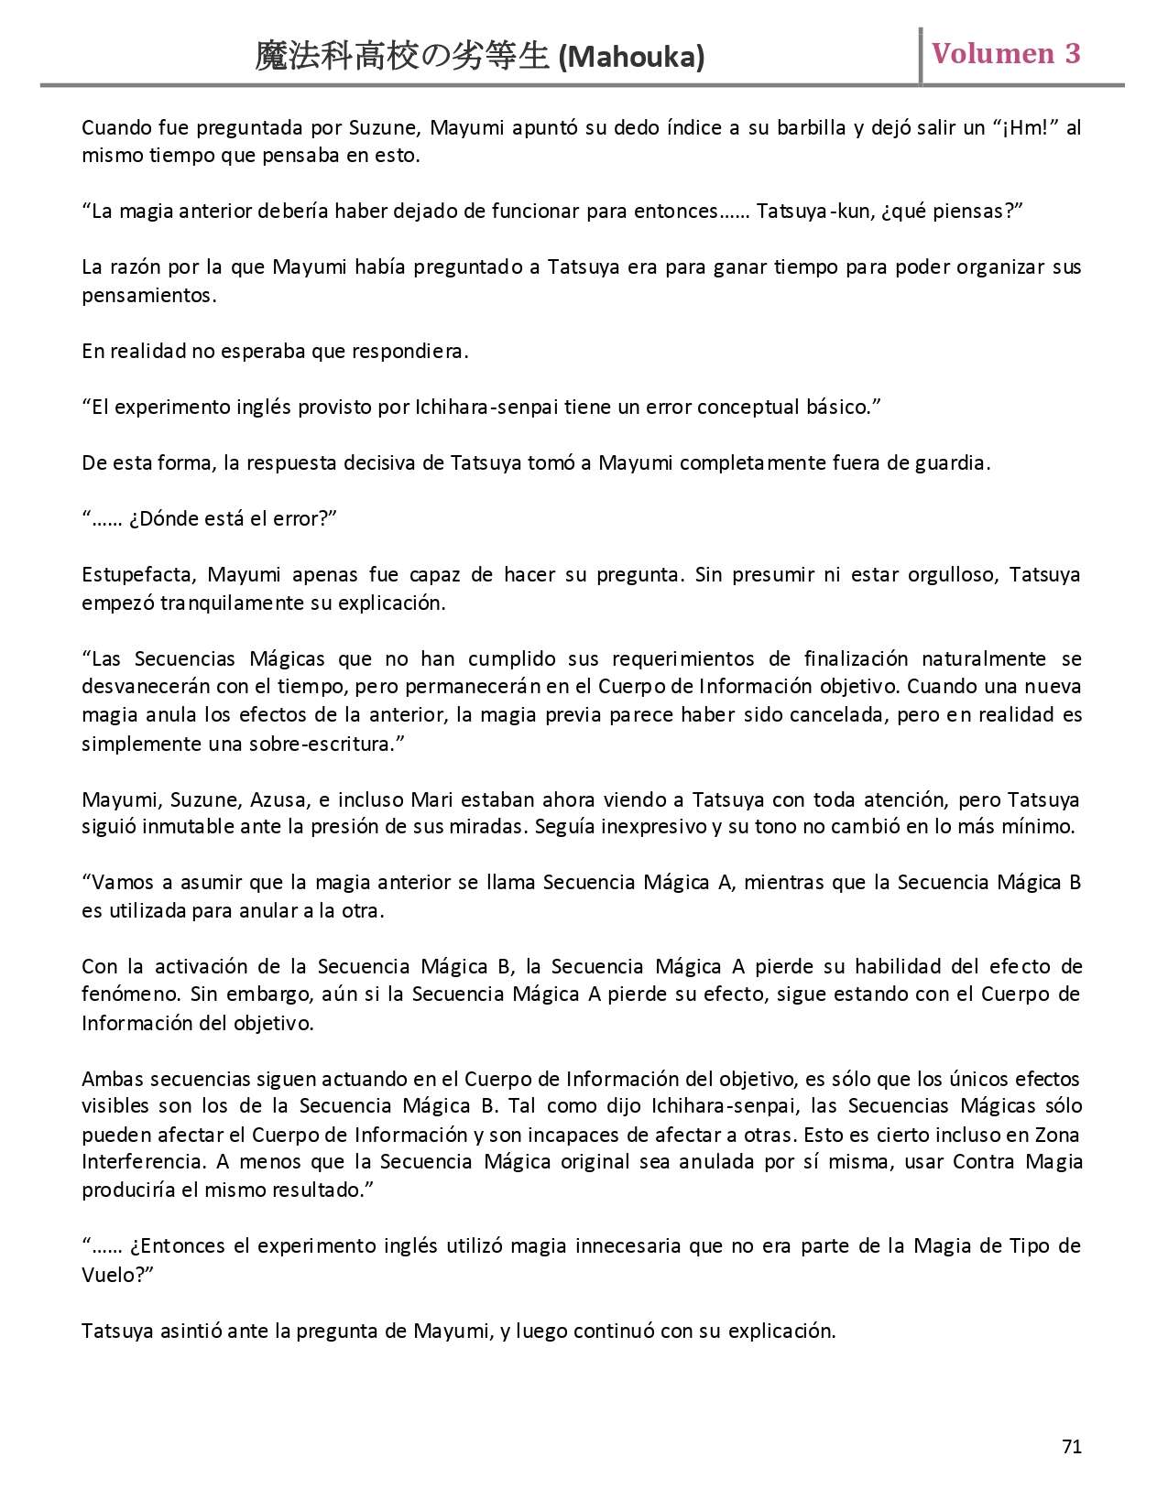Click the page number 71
[x=1072, y=1447]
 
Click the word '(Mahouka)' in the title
[x=631, y=58]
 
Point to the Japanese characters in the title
[x=403, y=57]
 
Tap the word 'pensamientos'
[x=147, y=296]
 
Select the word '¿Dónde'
[x=160, y=519]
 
